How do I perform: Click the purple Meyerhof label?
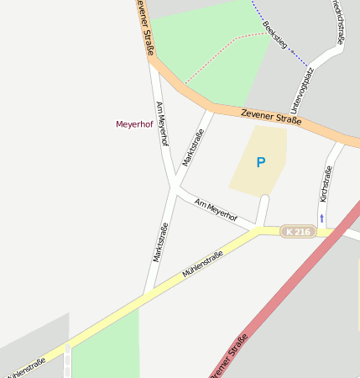[134, 124]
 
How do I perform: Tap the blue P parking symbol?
[261, 162]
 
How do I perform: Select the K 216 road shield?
[298, 232]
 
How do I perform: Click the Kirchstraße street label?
[326, 183]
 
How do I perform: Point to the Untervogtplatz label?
[301, 91]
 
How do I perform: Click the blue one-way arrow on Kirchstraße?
[321, 219]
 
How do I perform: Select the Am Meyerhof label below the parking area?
[216, 211]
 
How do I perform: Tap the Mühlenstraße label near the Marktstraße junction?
[202, 265]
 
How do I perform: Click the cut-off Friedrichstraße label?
[339, 21]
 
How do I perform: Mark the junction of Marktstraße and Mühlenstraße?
[148, 293]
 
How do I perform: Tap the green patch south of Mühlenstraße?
[105, 349]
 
